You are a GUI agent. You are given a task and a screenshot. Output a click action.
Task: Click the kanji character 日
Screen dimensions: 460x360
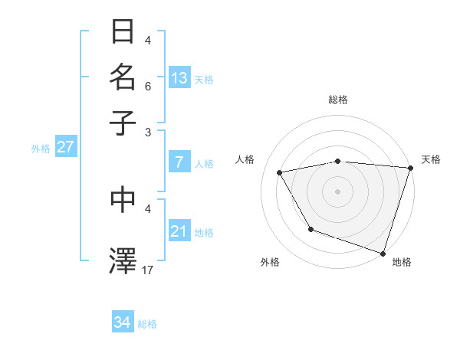pyautogui.click(x=123, y=33)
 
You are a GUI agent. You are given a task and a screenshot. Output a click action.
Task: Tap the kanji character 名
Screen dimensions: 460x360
pyautogui.click(x=123, y=77)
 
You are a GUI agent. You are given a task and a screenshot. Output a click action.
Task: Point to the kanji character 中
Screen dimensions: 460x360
pyautogui.click(x=123, y=199)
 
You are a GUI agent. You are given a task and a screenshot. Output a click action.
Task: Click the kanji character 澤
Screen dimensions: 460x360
pyautogui.click(x=123, y=260)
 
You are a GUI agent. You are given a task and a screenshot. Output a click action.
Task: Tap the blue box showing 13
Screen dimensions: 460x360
pyautogui.click(x=179, y=78)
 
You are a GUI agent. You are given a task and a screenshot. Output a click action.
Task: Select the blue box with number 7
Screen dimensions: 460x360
pyautogui.click(x=179, y=162)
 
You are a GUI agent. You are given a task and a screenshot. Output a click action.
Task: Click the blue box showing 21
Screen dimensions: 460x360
pyautogui.click(x=179, y=231)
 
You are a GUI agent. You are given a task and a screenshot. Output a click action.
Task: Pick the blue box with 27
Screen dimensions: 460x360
pyautogui.click(x=65, y=147)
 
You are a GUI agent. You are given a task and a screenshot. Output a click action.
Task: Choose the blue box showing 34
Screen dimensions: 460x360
pyautogui.click(x=123, y=322)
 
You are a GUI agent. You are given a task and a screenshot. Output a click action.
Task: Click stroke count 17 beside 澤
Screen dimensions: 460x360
pyautogui.click(x=148, y=270)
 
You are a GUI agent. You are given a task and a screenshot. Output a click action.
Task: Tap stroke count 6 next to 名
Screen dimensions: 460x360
pyautogui.click(x=148, y=87)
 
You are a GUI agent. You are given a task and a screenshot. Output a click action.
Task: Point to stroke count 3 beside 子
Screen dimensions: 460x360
pyautogui.click(x=148, y=132)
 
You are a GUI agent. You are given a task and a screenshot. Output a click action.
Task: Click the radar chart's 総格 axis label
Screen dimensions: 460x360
pyautogui.click(x=338, y=100)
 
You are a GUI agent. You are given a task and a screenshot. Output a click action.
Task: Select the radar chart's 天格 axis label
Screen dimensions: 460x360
pyautogui.click(x=431, y=159)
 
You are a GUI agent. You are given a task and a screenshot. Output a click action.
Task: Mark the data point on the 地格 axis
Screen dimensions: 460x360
pyautogui.click(x=383, y=253)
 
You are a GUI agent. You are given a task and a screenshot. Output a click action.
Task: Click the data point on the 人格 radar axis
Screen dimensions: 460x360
pyautogui.click(x=280, y=173)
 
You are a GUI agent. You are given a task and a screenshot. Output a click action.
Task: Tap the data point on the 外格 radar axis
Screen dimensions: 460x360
pyautogui.click(x=310, y=229)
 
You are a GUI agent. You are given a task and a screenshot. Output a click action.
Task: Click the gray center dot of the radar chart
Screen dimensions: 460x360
pyautogui.click(x=338, y=191)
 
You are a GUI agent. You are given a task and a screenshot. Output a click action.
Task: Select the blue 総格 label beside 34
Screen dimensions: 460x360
pyautogui.click(x=147, y=324)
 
